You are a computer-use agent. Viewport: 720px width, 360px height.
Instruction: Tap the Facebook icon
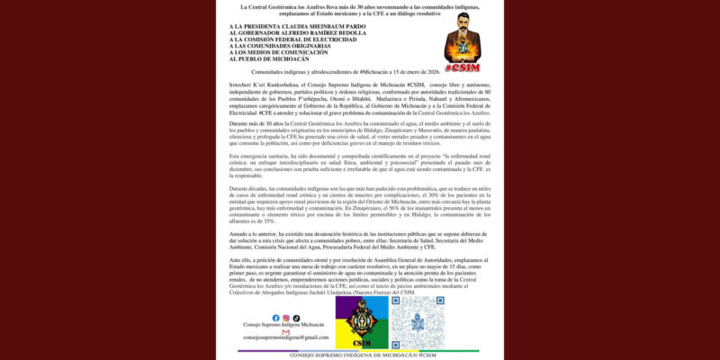275,319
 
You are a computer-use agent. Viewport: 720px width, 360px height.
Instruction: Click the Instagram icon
286,319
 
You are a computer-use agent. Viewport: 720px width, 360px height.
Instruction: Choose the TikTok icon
296,319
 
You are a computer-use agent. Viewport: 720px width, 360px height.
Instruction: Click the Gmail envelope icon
285,331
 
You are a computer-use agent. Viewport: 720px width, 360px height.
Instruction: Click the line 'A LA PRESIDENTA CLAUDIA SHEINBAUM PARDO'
292,27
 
